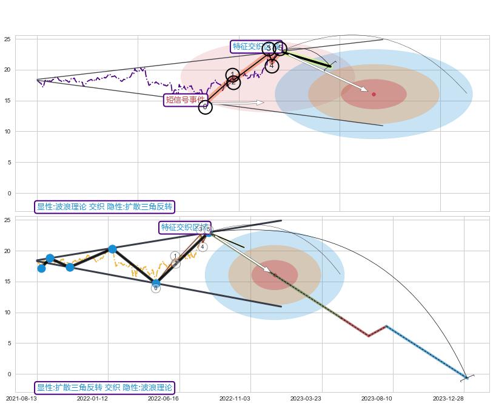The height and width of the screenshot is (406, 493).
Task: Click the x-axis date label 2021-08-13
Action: tap(21, 399)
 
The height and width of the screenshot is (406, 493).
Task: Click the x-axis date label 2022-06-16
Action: tap(163, 399)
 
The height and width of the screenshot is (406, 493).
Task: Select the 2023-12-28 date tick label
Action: tap(448, 399)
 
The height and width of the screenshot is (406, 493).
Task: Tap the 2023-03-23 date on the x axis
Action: tap(306, 399)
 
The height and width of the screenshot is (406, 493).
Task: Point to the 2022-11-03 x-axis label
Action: tap(234, 399)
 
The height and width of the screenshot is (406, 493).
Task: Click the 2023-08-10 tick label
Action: tap(377, 399)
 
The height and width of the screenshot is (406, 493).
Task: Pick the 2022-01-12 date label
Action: tap(92, 399)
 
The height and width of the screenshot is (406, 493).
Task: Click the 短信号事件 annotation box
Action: tap(186, 100)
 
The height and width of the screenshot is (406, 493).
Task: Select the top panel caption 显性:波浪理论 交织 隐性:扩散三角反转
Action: tap(104, 207)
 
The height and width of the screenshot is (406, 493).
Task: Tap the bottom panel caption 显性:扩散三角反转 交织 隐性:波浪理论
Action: tap(104, 387)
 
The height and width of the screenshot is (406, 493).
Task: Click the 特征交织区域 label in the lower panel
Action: tap(184, 228)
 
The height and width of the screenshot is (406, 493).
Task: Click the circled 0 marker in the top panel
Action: tap(206, 107)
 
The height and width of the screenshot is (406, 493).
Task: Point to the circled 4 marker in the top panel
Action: tap(272, 66)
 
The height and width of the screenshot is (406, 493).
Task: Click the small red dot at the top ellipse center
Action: tap(374, 94)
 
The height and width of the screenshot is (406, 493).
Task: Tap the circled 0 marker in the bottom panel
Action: tap(156, 288)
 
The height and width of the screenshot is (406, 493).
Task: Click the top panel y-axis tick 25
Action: tap(7, 39)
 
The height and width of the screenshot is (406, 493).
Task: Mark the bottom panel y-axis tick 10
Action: tap(7, 313)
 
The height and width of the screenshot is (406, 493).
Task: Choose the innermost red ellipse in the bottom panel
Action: tap(275, 275)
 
